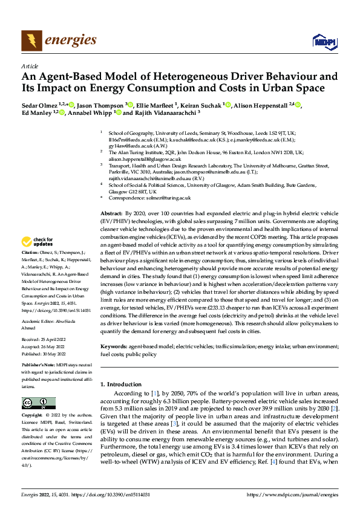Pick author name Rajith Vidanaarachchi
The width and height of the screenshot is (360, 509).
162,112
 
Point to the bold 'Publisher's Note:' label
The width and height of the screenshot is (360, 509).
38,366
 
